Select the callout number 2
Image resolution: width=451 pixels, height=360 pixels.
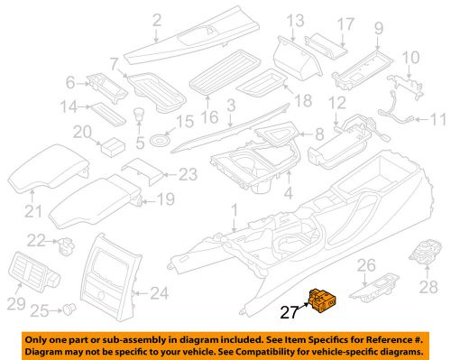pyautogui.click(x=155, y=20)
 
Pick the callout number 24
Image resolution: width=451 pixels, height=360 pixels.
pyautogui.click(x=159, y=291)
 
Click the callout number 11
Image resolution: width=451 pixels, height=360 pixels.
pyautogui.click(x=438, y=119)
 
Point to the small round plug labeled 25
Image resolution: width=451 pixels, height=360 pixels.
pyautogui.click(x=67, y=309)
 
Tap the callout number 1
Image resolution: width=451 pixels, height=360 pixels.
pyautogui.click(x=235, y=209)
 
